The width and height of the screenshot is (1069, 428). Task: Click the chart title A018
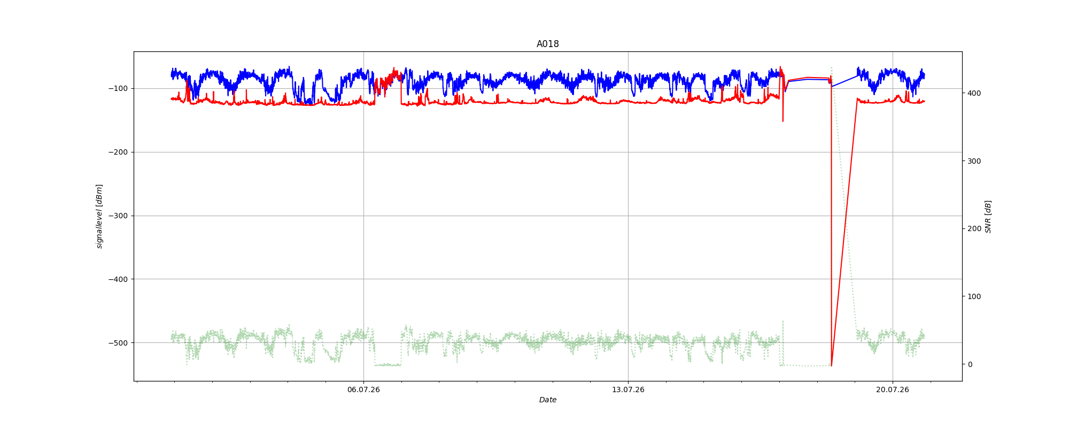point(548,44)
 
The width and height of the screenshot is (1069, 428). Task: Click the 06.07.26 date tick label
point(363,389)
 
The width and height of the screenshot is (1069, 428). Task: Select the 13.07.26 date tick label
point(628,389)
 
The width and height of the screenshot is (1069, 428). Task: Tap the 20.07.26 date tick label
point(893,389)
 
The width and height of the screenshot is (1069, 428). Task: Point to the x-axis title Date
point(548,400)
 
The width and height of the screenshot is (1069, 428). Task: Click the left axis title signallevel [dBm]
point(99,216)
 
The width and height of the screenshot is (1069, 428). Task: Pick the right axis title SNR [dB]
point(988,217)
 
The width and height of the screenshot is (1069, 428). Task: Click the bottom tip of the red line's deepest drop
point(832,366)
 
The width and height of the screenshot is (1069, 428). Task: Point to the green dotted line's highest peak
point(831,67)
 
